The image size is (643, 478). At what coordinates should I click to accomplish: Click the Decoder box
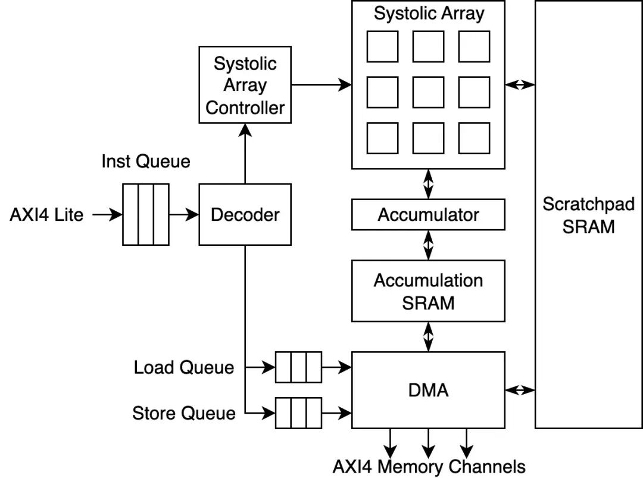(245, 214)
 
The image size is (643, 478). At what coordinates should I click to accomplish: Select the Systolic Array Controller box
(245, 85)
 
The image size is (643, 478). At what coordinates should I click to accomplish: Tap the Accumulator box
(428, 214)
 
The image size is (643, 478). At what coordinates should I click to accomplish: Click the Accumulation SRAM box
(428, 290)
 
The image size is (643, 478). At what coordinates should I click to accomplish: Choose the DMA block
(428, 390)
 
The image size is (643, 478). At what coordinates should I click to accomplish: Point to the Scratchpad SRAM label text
(588, 215)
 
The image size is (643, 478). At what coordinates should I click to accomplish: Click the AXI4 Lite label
(46, 214)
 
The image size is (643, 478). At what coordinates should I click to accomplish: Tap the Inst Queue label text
(146, 161)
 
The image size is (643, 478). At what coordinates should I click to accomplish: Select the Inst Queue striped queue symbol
(146, 214)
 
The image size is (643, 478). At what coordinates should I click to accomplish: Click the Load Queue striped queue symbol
(298, 367)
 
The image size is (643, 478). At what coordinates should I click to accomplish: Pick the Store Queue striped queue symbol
(298, 413)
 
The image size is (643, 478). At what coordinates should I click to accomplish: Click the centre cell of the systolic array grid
(428, 92)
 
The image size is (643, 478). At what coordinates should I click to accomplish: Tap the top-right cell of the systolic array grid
(474, 46)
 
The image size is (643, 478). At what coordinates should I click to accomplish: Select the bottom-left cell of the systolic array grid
(382, 138)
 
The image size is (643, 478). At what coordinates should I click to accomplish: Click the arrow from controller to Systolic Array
(321, 85)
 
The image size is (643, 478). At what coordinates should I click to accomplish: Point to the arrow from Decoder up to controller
(245, 154)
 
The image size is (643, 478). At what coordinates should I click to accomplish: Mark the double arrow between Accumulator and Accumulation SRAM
(428, 245)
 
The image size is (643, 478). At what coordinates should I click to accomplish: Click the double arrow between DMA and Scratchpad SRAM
(520, 390)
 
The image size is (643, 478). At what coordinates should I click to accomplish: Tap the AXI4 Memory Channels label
(429, 467)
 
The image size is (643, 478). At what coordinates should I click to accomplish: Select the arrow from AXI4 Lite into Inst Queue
(107, 214)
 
